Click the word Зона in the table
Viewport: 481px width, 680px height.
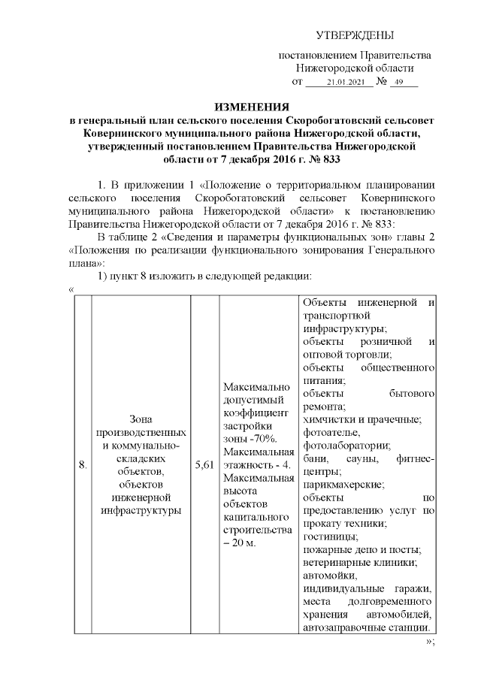(x=141, y=420)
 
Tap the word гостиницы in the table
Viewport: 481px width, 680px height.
(x=326, y=536)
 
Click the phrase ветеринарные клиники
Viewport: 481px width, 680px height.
(x=360, y=562)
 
